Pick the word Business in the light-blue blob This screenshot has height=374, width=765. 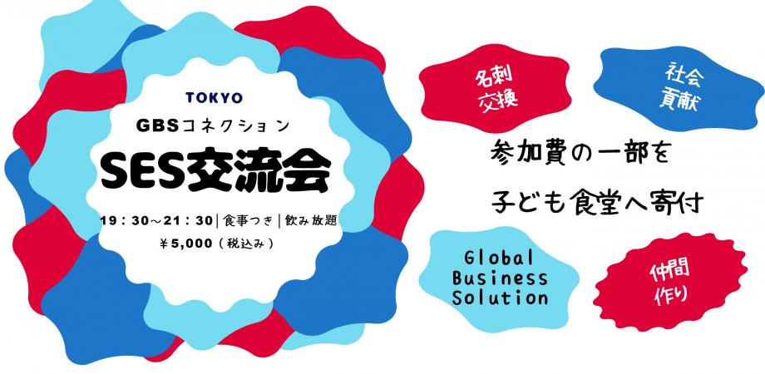[x=496, y=277]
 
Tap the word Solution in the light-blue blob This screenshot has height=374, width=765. [x=496, y=297]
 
